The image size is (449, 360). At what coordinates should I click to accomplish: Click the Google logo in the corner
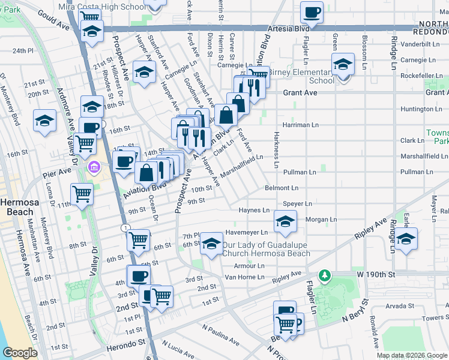19,353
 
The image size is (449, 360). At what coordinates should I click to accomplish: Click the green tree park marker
325,275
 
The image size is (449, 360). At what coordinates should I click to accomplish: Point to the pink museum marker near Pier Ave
94,166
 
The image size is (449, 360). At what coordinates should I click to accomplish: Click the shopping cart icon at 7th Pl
139,239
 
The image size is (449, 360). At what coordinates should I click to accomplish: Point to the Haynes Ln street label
253,211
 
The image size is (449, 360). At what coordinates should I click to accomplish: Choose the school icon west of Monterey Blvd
45,121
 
